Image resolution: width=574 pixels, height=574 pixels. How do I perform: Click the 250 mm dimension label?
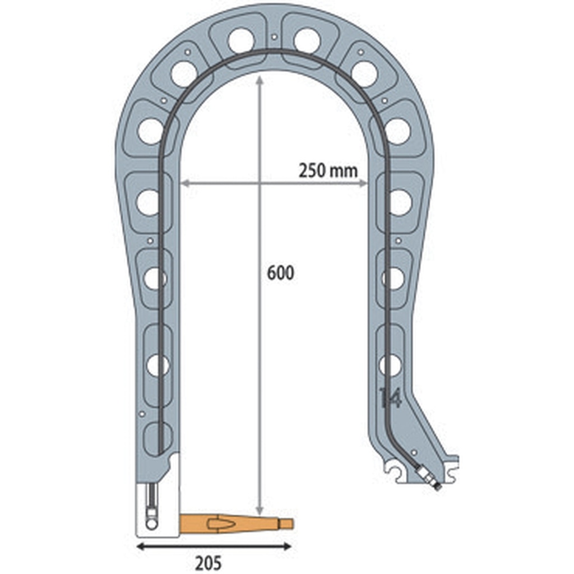pos(328,170)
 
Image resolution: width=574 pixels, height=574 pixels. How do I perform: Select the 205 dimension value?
pos(209,563)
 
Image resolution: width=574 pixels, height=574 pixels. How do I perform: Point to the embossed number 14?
pos(390,397)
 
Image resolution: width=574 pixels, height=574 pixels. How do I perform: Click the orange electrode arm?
pos(235,524)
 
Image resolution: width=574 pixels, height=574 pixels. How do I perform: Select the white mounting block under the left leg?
pos(158,504)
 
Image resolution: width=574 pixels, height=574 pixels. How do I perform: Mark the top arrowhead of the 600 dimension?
pos(259,80)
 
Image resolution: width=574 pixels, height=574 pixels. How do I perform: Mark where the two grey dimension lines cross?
pos(259,183)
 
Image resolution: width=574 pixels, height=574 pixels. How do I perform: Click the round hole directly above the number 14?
pos(390,365)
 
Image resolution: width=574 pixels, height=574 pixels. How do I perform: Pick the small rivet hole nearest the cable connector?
pos(414,452)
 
